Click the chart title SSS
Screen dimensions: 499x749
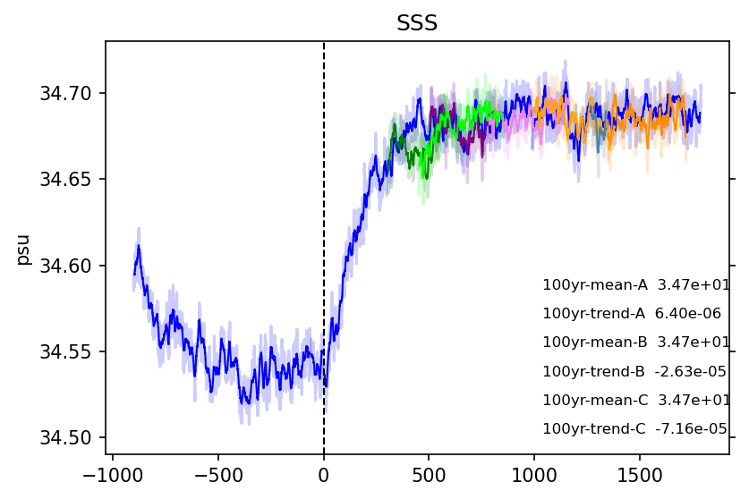click(x=417, y=23)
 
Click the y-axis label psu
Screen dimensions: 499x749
click(x=23, y=249)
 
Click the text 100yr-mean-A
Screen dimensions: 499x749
click(x=595, y=285)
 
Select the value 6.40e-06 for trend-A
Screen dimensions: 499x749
click(x=688, y=314)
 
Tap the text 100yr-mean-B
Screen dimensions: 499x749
click(x=595, y=343)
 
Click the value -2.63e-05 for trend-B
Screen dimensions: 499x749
click(x=690, y=371)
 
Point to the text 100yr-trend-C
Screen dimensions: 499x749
click(x=594, y=428)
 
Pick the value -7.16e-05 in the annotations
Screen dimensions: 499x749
click(x=691, y=428)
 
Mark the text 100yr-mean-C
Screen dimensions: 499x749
click(x=595, y=400)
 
